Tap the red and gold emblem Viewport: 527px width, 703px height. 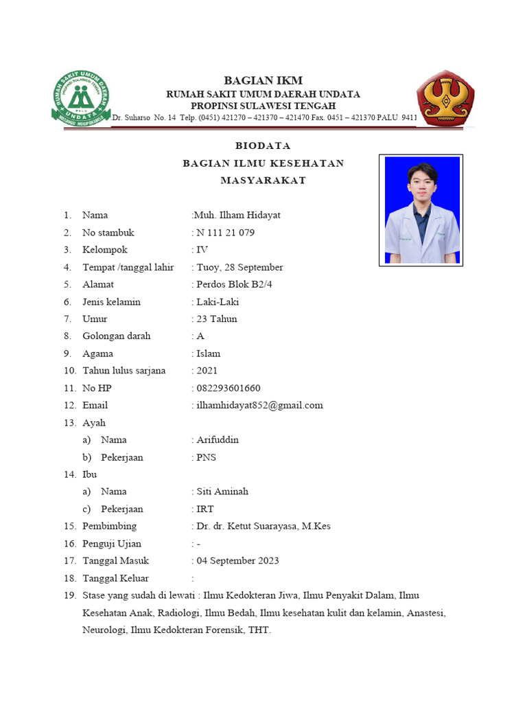coord(446,98)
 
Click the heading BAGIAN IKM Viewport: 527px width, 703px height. coord(263,80)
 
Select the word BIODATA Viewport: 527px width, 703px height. coord(263,146)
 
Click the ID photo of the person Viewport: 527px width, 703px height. coord(421,210)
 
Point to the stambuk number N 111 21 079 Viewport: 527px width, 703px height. coord(225,233)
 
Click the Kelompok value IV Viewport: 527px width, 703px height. coord(202,250)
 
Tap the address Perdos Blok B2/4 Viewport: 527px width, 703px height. coord(235,284)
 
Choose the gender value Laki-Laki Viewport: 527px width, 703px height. coord(218,301)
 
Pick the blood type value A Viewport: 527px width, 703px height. coord(200,336)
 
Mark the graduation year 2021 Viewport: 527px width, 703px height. coord(207,371)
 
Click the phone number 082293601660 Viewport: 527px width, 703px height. coord(228,388)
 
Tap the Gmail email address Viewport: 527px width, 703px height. coord(259,405)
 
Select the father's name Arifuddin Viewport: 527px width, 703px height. coord(218,439)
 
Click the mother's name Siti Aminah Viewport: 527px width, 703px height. coord(222,492)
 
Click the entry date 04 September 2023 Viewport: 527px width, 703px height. coord(237,561)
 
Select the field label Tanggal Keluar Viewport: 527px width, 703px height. coord(115,578)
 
